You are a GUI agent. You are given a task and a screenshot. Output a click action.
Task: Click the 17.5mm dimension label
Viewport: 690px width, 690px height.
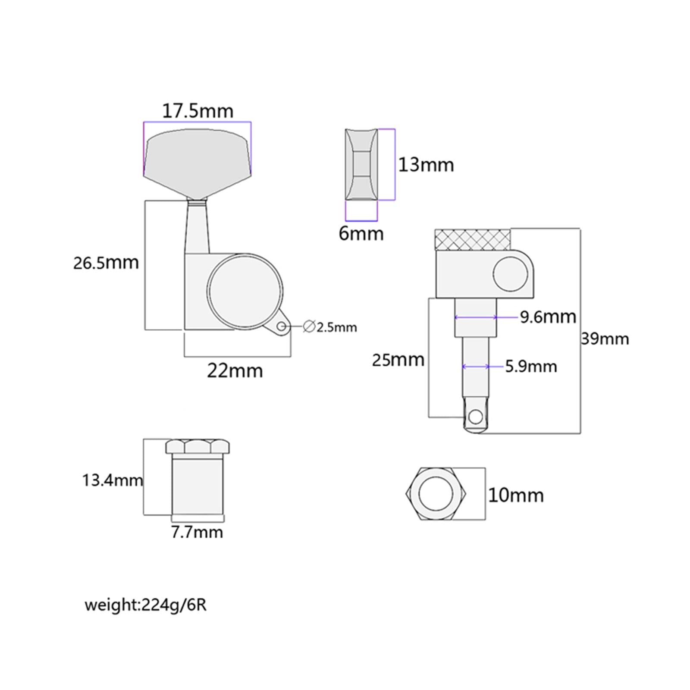pyautogui.click(x=198, y=111)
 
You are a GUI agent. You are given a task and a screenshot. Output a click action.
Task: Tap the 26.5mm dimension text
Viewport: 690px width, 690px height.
pyautogui.click(x=106, y=263)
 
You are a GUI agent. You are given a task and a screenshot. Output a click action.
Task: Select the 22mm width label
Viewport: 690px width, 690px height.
pyautogui.click(x=235, y=371)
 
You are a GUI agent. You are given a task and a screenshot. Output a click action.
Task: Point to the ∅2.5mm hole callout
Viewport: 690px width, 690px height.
pyautogui.click(x=330, y=327)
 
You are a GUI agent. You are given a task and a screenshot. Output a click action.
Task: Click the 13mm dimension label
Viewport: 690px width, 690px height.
pyautogui.click(x=426, y=165)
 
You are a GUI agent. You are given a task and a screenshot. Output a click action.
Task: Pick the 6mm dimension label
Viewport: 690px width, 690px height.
pyautogui.click(x=361, y=233)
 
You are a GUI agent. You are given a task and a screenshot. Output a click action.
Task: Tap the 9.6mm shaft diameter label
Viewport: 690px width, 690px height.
pyautogui.click(x=548, y=317)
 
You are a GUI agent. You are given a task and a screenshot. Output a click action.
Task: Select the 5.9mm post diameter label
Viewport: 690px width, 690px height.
pyautogui.click(x=531, y=367)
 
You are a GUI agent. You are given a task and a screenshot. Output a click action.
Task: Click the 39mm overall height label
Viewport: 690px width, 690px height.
pyautogui.click(x=605, y=339)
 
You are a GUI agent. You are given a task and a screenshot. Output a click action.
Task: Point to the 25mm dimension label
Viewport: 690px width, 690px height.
pyautogui.click(x=398, y=360)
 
